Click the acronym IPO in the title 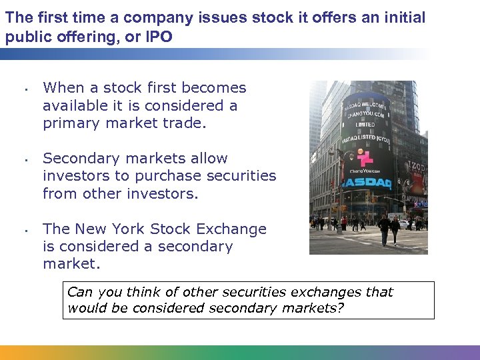click(x=157, y=36)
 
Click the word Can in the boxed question click(x=80, y=292)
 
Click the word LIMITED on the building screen click(x=365, y=125)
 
